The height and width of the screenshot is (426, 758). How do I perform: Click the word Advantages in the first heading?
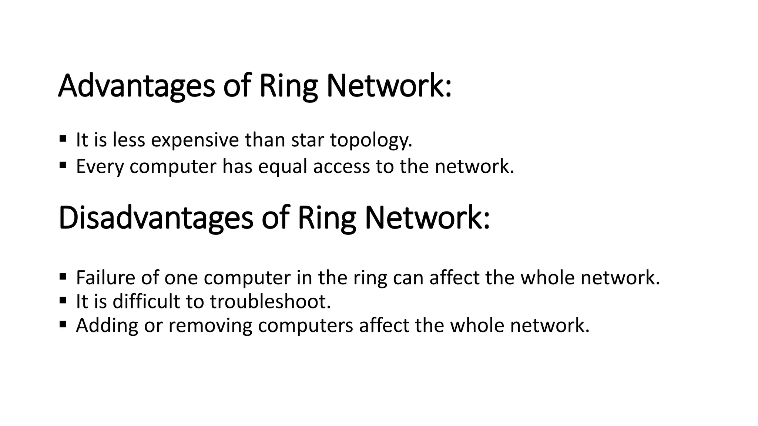[x=136, y=86]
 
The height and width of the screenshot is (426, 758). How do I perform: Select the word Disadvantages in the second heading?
[x=155, y=219]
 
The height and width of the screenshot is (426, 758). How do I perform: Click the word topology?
[x=371, y=141]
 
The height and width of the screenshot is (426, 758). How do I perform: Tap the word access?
[x=341, y=167]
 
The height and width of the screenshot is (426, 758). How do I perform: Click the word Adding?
[x=107, y=326]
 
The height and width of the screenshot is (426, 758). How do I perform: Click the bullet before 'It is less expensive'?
[x=63, y=139]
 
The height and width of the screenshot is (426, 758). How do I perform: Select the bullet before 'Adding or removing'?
[x=63, y=324]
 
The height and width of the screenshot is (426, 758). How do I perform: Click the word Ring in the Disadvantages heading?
[x=326, y=219]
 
